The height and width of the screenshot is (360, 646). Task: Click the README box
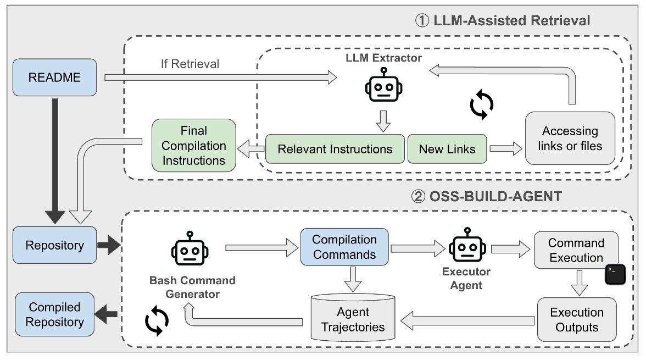54,77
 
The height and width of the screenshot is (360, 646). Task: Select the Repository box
54,245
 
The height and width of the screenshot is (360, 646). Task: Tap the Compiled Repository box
54,314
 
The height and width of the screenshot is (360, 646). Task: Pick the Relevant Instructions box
335,149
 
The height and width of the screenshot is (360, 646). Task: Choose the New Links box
447,149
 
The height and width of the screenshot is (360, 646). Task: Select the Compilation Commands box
344,247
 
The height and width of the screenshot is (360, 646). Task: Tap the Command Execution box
576,250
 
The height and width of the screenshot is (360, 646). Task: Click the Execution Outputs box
576,320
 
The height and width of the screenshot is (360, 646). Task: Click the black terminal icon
615,274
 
